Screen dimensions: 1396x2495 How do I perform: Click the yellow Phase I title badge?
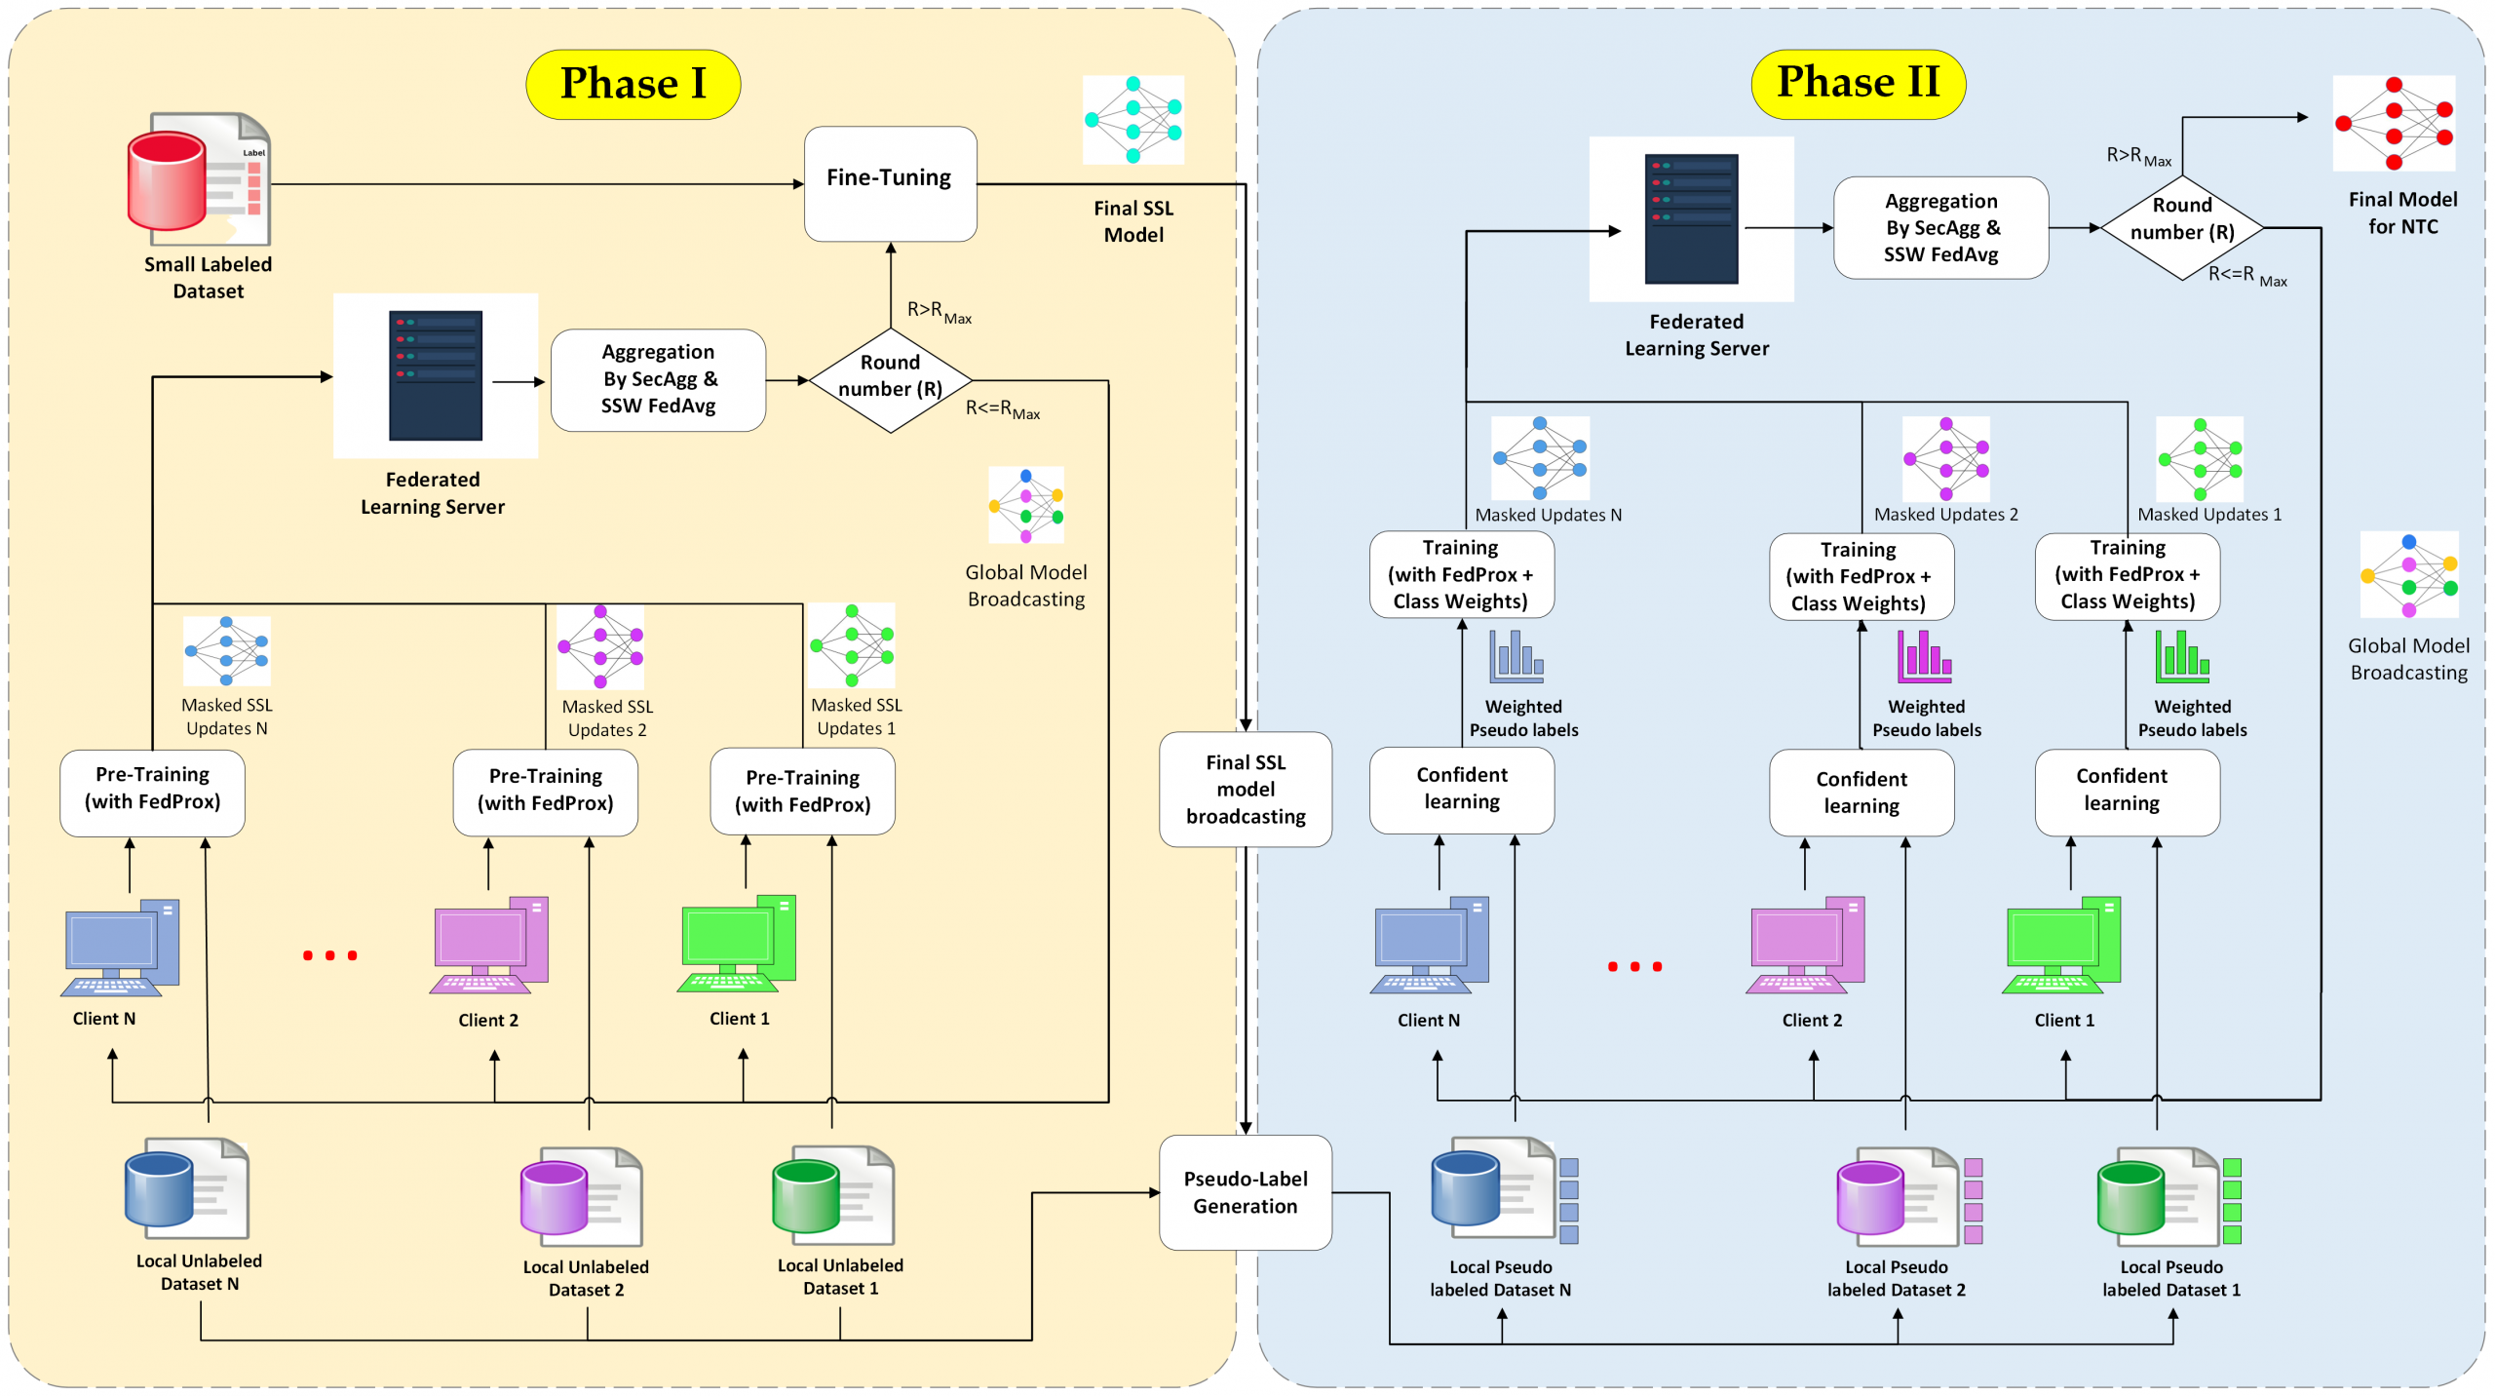(x=633, y=84)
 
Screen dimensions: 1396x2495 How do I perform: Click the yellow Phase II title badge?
(x=1858, y=83)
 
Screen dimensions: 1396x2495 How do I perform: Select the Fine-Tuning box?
(x=890, y=182)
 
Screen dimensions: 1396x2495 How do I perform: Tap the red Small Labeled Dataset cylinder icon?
(x=167, y=181)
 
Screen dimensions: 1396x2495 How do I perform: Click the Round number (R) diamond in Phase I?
(x=890, y=378)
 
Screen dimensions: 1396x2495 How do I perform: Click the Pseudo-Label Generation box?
(x=1245, y=1191)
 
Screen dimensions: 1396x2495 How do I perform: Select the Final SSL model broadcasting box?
(x=1245, y=789)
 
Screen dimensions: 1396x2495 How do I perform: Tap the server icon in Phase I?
(x=435, y=375)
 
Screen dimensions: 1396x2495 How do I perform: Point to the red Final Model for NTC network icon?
(x=2393, y=123)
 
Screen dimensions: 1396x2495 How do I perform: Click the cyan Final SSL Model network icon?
(x=1132, y=119)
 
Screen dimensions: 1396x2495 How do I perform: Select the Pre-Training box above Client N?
(x=152, y=791)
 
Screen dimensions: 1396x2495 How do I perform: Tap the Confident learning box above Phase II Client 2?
(x=1861, y=792)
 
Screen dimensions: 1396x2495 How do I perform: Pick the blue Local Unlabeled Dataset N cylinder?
(x=160, y=1188)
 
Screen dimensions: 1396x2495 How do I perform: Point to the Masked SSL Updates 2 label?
(x=606, y=717)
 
